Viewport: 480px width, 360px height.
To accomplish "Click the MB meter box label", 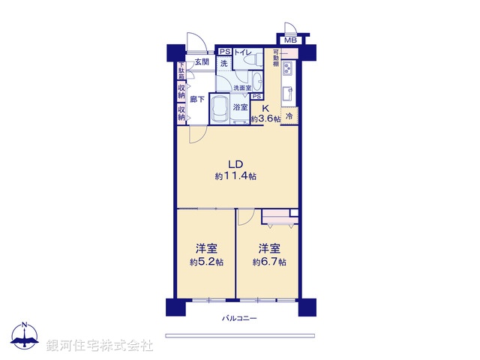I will point(290,40).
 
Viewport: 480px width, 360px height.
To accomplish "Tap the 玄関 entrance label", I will point(201,62).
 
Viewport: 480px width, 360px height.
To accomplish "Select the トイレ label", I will point(243,52).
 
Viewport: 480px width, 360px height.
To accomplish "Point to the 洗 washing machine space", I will point(224,64).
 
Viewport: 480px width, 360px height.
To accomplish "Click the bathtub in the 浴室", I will point(220,111).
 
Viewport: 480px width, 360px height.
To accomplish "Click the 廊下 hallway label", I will point(198,99).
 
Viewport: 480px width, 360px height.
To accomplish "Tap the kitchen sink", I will point(288,94).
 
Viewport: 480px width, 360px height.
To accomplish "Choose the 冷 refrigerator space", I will point(289,116).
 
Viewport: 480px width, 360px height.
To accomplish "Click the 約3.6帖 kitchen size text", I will point(265,119).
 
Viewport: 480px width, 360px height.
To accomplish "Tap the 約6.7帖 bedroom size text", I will point(268,262).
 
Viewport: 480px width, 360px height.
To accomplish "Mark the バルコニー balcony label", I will point(239,319).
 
